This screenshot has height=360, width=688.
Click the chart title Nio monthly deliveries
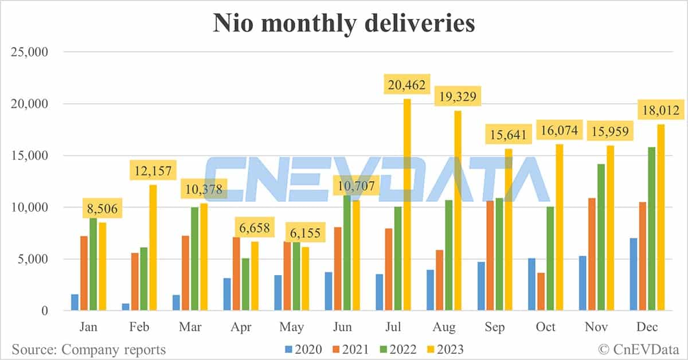tap(344, 24)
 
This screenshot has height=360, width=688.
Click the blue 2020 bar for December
tap(634, 275)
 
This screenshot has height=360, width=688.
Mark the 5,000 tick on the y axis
tap(33, 259)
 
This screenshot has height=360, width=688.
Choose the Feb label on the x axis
tap(140, 327)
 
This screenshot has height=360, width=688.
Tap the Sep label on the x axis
tap(495, 327)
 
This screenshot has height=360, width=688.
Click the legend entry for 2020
tap(302, 349)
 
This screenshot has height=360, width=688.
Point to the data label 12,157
tap(153, 170)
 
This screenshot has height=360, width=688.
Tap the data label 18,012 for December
tap(659, 109)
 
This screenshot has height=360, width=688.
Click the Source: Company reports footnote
tap(88, 349)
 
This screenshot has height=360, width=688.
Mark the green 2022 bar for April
tap(245, 284)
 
